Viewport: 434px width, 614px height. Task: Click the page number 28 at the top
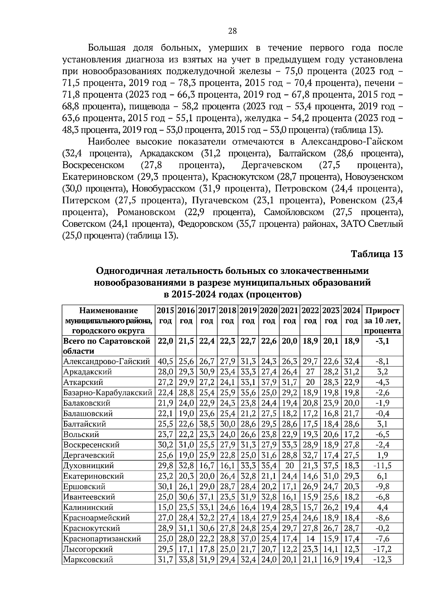point(232,31)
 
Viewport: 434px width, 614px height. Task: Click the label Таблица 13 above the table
point(377,254)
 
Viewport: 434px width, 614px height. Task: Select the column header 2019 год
point(248,316)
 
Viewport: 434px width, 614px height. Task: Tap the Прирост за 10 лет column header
point(383,321)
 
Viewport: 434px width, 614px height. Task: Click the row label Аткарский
point(83,382)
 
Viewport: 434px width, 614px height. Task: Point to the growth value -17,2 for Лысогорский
point(383,549)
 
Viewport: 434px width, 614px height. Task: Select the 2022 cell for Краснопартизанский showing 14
point(310,539)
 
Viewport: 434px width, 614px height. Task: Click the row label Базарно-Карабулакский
point(107,393)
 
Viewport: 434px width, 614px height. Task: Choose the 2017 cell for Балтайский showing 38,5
point(207,424)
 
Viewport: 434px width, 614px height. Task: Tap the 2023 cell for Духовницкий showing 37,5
point(331,466)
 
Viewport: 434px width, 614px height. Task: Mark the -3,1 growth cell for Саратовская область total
point(383,341)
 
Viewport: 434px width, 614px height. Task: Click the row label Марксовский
point(88,560)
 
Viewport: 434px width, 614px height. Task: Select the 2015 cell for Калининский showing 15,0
point(165,507)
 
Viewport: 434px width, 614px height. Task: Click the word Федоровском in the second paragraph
point(205,224)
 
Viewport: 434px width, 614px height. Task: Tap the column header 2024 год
point(352,316)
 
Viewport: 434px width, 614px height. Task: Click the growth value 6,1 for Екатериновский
point(383,476)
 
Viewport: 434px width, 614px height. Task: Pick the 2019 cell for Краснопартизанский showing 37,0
point(248,539)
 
